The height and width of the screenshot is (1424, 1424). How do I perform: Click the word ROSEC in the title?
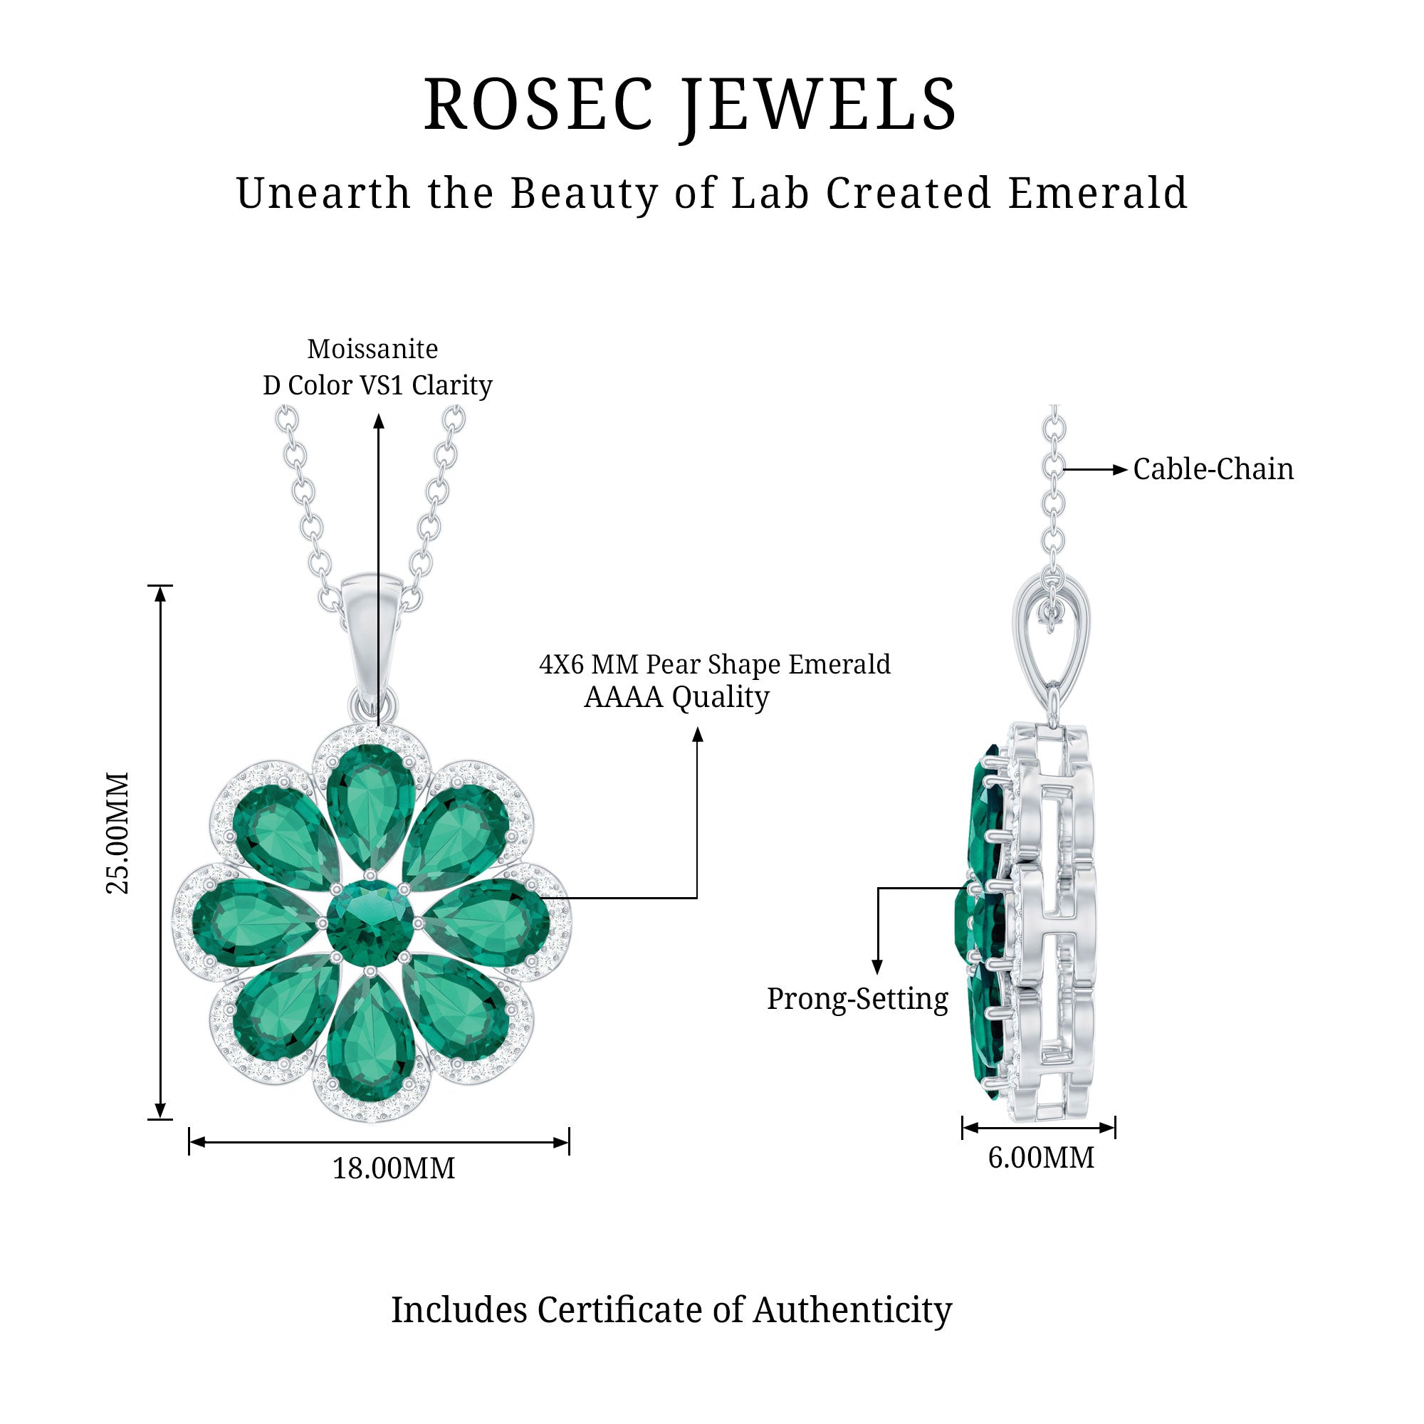pos(539,105)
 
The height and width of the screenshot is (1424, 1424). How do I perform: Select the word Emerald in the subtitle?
pos(1097,194)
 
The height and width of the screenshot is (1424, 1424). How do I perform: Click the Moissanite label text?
pos(372,350)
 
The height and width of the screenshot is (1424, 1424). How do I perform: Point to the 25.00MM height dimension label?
pos(118,833)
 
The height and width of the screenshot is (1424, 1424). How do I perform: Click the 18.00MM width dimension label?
pos(394,1169)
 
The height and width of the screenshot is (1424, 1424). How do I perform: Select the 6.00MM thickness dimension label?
pos(1041,1158)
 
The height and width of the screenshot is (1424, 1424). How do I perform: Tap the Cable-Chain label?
pos(1213,469)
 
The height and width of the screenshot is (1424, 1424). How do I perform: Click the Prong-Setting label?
pos(857,1000)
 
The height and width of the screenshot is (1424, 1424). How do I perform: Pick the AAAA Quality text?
pos(676,697)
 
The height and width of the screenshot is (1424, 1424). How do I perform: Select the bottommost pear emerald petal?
pos(371,1040)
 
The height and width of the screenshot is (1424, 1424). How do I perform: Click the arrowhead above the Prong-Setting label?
pos(877,968)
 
